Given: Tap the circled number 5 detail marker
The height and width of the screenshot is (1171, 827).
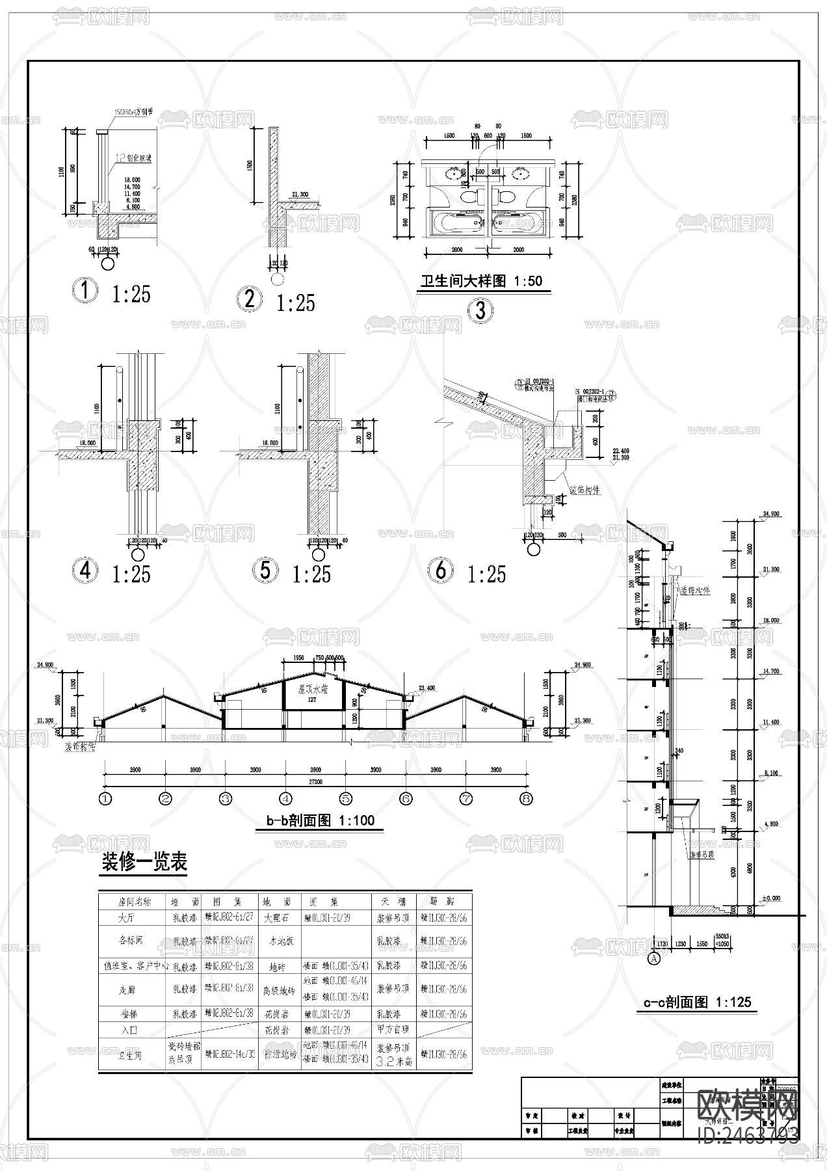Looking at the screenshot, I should (x=265, y=570).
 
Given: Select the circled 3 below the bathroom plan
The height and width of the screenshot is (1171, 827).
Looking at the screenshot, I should (x=480, y=310).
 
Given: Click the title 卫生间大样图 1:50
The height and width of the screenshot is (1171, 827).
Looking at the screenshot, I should (x=481, y=282).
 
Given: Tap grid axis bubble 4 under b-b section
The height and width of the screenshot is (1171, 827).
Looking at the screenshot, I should (x=285, y=798).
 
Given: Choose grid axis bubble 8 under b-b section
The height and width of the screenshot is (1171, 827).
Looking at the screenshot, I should (x=526, y=798).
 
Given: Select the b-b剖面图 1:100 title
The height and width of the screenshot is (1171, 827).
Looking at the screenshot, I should (x=320, y=821).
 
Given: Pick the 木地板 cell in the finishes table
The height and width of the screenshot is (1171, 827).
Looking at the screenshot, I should (x=282, y=941).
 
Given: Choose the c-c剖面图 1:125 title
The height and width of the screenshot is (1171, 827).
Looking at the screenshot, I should (x=697, y=1020).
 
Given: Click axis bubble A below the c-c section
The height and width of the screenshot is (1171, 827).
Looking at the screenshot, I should (x=654, y=958).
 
